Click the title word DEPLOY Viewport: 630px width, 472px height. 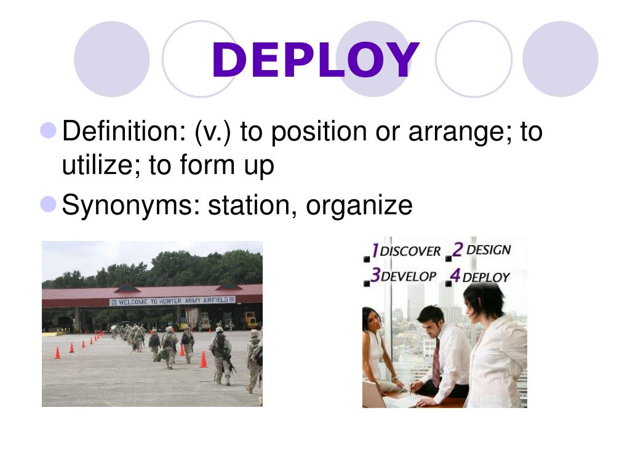click(315, 61)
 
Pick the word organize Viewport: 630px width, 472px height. click(359, 205)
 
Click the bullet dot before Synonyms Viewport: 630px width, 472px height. click(49, 203)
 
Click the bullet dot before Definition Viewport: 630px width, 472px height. click(49, 130)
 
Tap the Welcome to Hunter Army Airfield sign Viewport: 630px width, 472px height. click(172, 301)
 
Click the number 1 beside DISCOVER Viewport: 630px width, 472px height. click(373, 250)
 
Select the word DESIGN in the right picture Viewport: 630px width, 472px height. click(488, 250)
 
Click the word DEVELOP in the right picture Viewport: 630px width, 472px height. click(409, 277)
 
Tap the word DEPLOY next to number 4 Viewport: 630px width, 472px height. click(485, 277)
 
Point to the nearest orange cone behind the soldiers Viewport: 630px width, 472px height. click(203, 360)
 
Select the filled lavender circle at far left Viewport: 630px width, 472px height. click(111, 58)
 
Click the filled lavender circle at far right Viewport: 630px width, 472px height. click(560, 58)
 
